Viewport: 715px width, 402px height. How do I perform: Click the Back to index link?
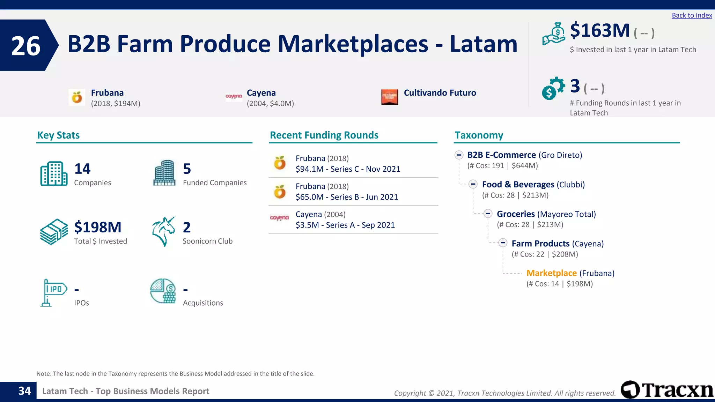coord(692,15)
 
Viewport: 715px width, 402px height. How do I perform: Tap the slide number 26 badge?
coord(26,46)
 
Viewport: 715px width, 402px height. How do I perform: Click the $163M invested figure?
coord(599,31)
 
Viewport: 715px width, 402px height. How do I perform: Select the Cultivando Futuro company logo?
coord(390,97)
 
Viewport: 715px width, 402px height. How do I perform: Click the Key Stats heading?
coord(58,135)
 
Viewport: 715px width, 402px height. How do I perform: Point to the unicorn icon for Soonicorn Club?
coord(163,231)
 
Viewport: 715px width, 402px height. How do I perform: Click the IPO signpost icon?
coord(53,292)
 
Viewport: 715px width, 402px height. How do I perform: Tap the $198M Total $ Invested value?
coord(98,227)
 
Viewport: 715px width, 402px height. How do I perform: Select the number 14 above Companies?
coord(82,169)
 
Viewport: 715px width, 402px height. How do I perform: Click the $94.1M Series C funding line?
coord(348,169)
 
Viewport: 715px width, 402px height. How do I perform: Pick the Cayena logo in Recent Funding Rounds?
coord(279,218)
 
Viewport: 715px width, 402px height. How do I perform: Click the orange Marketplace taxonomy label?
coord(551,273)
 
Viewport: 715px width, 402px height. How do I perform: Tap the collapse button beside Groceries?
coord(488,214)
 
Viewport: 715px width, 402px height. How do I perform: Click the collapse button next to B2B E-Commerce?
coord(459,155)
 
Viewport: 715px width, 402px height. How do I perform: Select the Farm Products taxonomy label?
coord(540,244)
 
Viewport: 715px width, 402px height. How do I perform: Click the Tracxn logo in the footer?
coord(667,390)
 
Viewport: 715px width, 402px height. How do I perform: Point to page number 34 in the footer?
coord(24,391)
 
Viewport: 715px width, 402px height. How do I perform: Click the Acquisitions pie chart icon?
coord(163,291)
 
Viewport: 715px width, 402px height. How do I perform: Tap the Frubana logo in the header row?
coord(77,97)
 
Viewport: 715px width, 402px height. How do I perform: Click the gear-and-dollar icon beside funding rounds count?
coord(553,88)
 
